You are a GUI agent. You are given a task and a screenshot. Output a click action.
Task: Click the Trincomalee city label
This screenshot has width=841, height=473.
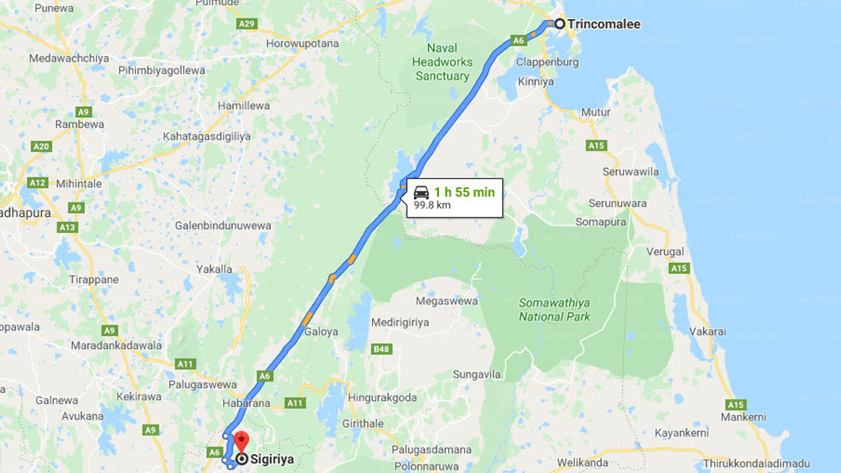[x=603, y=24]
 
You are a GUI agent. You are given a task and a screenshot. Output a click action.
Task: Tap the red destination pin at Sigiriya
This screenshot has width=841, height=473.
[x=242, y=441]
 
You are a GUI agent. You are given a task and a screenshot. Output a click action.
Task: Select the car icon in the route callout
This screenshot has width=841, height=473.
[x=421, y=192]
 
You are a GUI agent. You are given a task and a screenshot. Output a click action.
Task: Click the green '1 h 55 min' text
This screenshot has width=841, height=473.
[x=464, y=192]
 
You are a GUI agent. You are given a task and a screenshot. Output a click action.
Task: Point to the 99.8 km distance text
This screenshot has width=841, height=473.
[x=432, y=205]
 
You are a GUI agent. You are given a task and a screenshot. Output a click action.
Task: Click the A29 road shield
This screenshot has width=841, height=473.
[x=246, y=24]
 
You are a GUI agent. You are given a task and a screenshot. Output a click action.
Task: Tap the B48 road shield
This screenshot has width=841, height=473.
[x=382, y=349]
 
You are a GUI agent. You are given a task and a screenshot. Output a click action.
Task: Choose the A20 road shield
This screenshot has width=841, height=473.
[x=41, y=146]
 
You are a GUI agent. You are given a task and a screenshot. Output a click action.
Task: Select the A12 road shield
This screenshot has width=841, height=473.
[x=37, y=183]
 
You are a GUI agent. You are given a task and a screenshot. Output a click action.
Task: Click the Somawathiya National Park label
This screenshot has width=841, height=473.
[x=554, y=309]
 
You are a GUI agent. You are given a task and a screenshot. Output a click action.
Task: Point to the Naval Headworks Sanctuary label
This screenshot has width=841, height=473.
[x=442, y=62]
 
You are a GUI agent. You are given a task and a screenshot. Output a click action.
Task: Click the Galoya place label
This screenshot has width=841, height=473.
[x=321, y=332]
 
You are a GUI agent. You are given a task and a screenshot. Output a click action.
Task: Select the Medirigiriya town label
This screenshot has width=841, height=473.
[x=399, y=322]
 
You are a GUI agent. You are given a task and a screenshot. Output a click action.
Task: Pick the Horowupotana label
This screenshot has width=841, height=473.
[x=302, y=43]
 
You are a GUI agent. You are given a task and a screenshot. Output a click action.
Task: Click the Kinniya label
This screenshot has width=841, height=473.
[x=535, y=82]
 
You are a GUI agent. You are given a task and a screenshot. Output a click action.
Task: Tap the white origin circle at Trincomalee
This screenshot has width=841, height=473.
[x=559, y=24]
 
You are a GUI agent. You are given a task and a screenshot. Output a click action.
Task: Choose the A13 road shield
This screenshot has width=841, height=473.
[x=68, y=227]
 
